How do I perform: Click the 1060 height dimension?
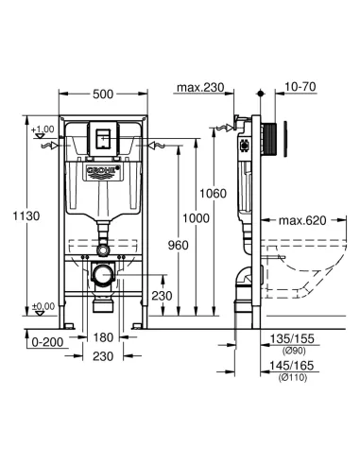213,193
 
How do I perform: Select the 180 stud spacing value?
104,336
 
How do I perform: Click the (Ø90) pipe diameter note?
291,348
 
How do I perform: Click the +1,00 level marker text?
42,129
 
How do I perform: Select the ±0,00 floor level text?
42,306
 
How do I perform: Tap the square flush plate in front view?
104,137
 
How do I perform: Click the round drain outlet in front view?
103,277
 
